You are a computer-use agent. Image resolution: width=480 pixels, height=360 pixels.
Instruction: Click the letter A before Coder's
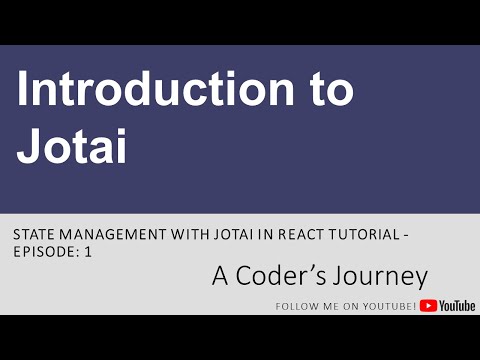219,275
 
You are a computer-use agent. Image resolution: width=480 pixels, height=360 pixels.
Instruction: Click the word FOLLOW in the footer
296,306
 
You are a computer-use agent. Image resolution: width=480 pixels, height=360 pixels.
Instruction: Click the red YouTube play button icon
428,305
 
